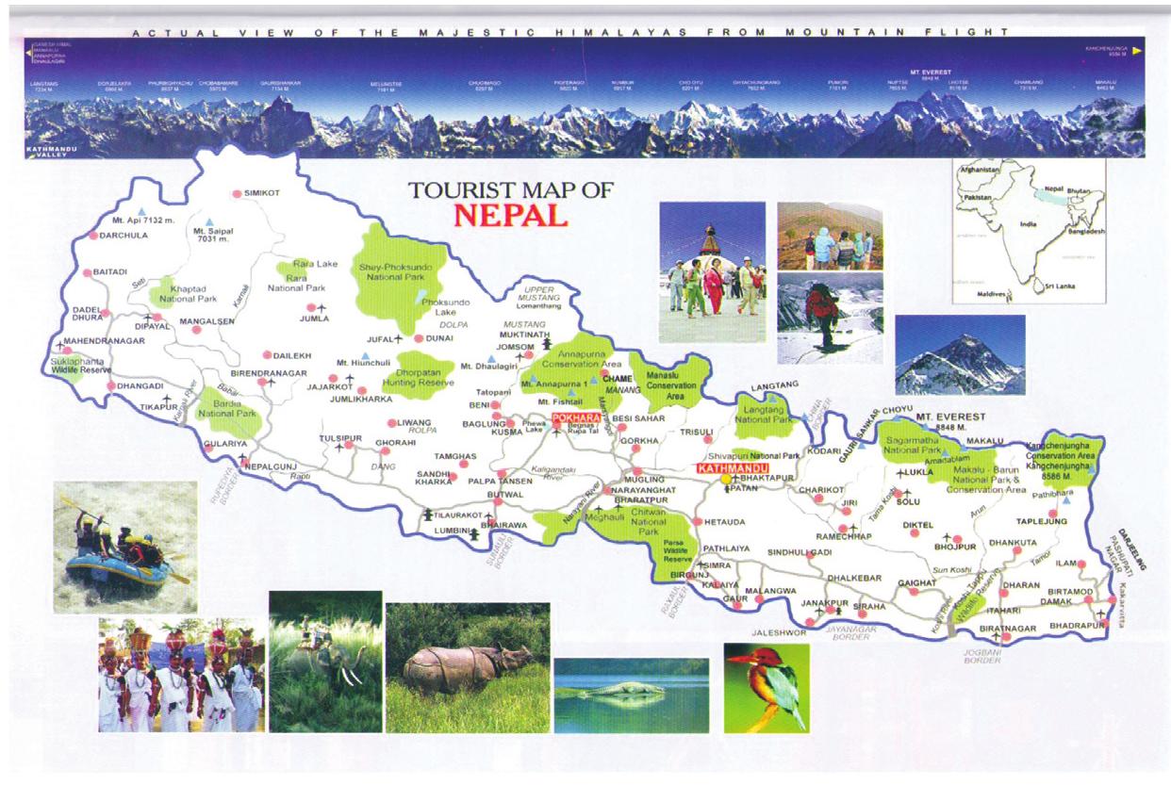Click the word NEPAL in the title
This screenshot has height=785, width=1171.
tap(510, 215)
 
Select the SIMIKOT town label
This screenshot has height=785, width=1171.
tap(263, 193)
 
